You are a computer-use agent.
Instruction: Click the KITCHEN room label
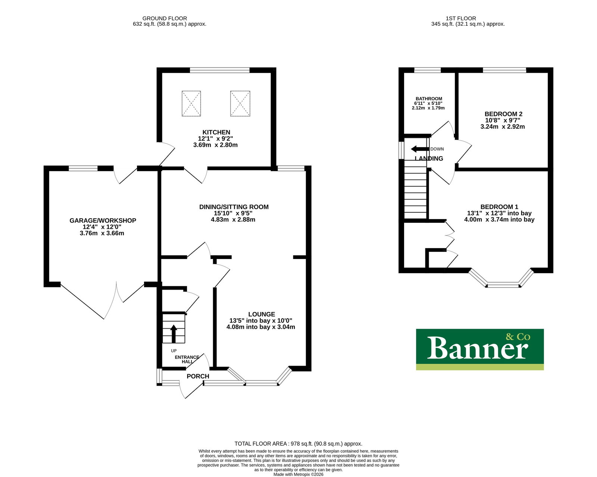(x=216, y=132)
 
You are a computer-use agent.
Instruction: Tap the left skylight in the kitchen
(x=191, y=103)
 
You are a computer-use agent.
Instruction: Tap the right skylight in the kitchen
(x=240, y=103)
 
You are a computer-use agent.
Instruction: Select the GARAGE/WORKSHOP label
(x=103, y=220)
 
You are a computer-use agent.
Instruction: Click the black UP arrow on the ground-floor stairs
(x=174, y=334)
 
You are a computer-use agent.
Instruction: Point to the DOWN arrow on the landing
(x=420, y=149)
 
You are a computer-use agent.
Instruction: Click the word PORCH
(x=198, y=376)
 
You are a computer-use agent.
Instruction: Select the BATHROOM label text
(x=429, y=99)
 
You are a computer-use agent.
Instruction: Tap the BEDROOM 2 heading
(x=503, y=114)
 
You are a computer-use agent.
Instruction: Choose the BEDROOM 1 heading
(x=499, y=207)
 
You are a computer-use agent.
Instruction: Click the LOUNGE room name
(x=262, y=314)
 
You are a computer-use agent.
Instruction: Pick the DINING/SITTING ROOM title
(x=234, y=207)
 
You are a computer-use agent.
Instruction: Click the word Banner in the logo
(x=477, y=348)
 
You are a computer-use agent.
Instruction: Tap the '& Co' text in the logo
(x=518, y=337)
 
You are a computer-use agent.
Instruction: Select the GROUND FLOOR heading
(x=165, y=18)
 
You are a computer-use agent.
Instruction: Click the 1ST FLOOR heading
(x=461, y=18)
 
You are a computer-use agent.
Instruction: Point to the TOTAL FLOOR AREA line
(x=298, y=443)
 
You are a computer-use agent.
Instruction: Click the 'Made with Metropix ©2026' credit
(x=298, y=474)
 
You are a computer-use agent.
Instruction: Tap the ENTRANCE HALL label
(x=187, y=360)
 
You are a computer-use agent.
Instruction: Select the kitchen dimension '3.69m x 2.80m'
(x=215, y=145)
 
